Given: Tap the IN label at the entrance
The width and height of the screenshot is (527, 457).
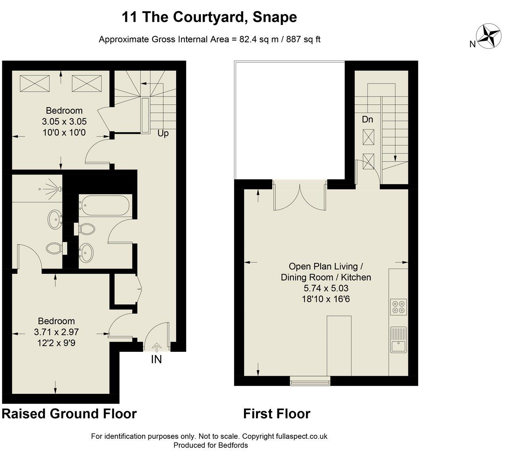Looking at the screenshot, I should (x=156, y=359).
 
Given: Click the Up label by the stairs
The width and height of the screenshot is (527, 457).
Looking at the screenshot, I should (x=163, y=133).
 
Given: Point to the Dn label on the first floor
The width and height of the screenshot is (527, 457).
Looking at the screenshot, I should (x=367, y=119).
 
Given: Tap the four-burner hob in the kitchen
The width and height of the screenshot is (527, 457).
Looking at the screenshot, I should (x=398, y=307).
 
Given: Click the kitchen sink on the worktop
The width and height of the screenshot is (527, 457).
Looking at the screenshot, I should (x=398, y=340).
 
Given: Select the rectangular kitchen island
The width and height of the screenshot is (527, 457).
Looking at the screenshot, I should (x=339, y=346).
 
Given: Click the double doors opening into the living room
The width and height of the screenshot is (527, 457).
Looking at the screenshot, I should (x=300, y=197).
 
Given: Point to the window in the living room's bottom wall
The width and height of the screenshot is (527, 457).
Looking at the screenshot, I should (x=310, y=382).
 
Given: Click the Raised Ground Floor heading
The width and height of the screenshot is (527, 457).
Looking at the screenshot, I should (x=69, y=414).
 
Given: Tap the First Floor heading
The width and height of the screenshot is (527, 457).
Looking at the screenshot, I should (x=277, y=414).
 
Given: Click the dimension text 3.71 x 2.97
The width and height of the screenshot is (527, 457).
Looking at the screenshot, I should (x=56, y=332).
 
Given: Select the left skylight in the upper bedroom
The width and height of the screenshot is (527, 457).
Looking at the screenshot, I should (x=35, y=84).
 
